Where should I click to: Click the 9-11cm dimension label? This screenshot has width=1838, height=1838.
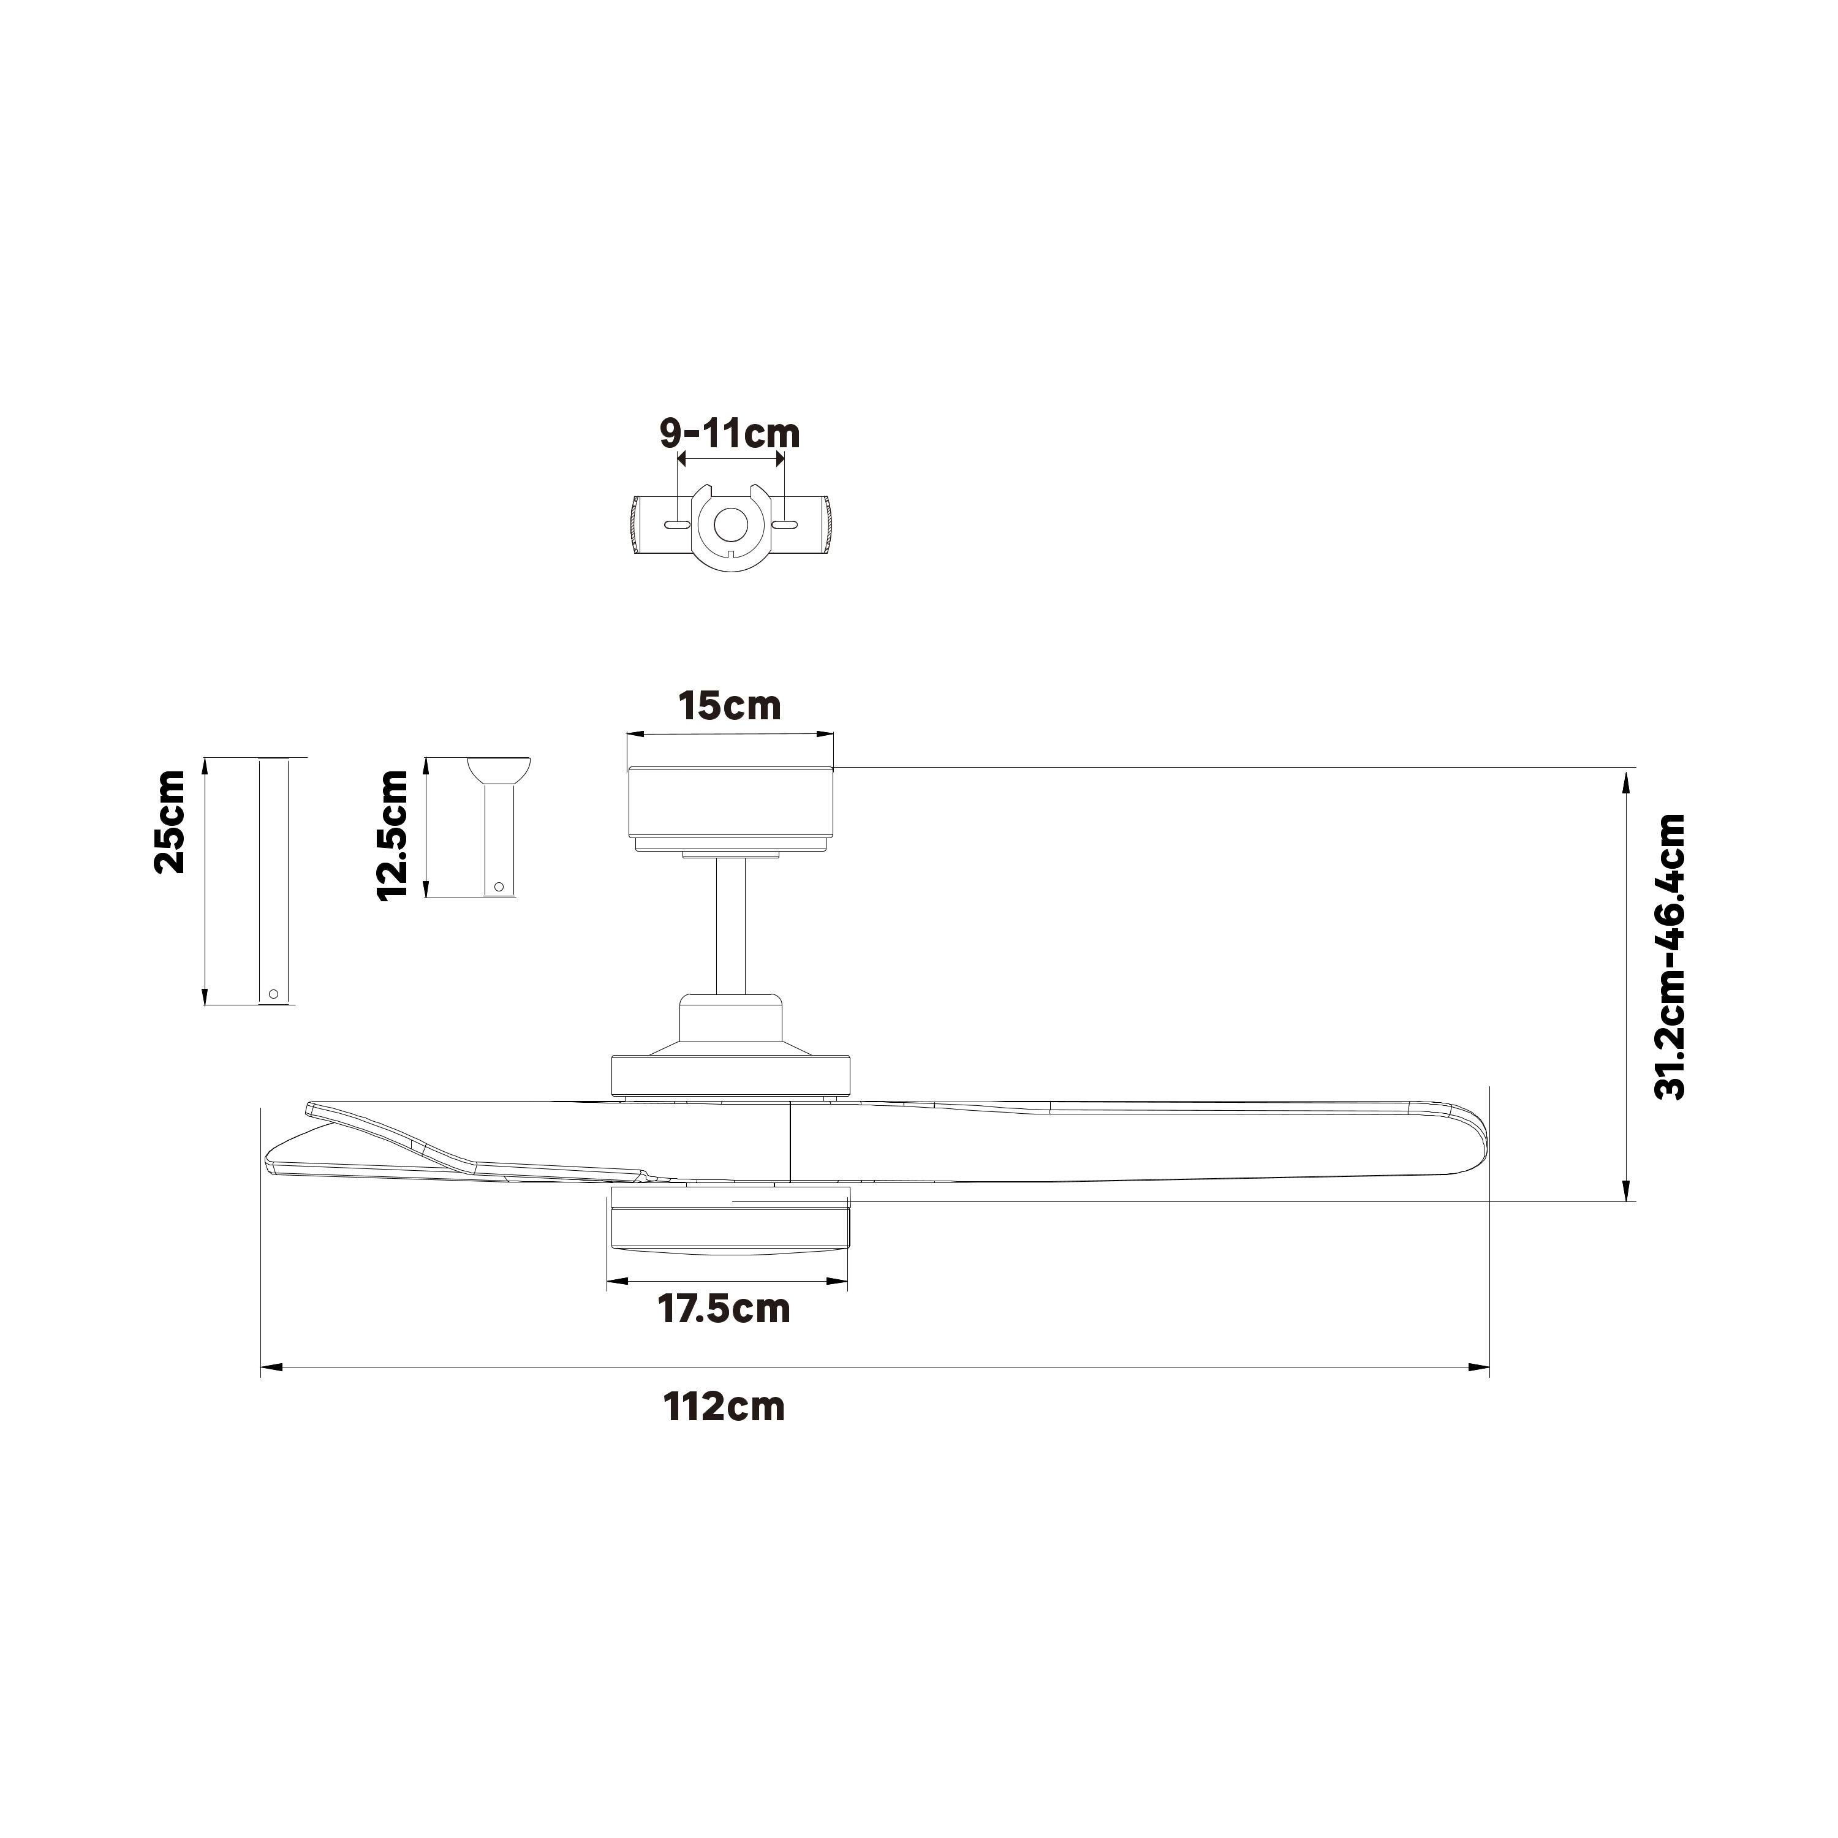(730, 433)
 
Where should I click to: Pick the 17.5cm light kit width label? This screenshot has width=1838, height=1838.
(724, 1309)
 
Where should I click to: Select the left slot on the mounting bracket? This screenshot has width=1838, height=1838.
(675, 525)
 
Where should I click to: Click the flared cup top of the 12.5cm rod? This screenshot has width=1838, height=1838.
(499, 768)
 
